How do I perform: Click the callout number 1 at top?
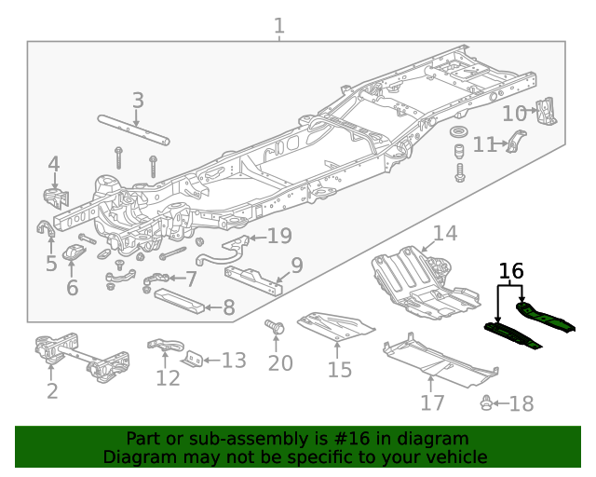coord(279,25)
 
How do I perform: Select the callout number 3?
coord(138,101)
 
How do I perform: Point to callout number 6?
coord(71,288)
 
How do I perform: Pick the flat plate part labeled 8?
coord(183,302)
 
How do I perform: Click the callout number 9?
coord(297,266)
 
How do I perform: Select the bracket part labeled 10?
coord(548,112)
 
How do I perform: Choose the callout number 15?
coord(339,370)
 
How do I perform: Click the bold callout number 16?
coord(511,272)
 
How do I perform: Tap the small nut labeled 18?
coord(486,403)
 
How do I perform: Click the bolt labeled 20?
coord(276,328)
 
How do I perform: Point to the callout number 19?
coord(279,236)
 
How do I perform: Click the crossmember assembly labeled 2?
coord(81,357)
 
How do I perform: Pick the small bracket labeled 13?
coord(193,360)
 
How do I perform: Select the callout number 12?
coord(168,378)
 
